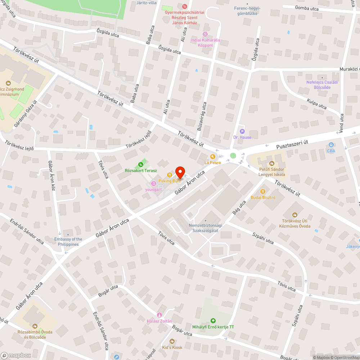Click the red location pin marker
coord(180,172)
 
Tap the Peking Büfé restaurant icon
coord(170,175)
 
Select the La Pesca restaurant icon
coord(213,157)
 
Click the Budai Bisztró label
coord(263,198)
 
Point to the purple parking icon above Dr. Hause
coord(242,131)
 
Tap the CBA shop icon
coord(330,145)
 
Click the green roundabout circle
coord(233,156)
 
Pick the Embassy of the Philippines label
coord(68,242)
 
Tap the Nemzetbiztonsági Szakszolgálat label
coord(206,228)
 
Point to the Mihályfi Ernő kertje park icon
coord(213,321)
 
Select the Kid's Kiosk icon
coord(172,341)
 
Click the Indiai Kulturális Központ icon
coord(205,34)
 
